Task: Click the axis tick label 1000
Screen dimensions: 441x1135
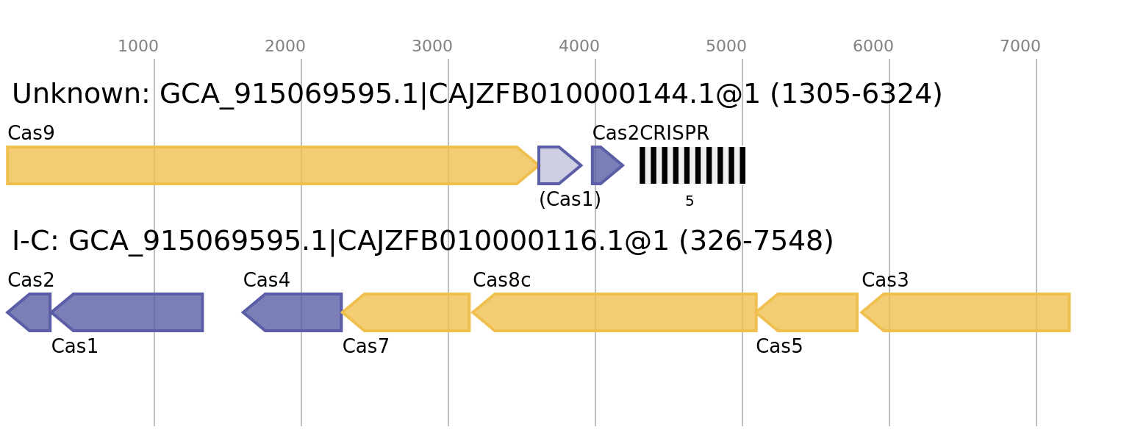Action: (x=138, y=46)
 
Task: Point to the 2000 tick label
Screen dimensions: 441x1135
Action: (x=285, y=46)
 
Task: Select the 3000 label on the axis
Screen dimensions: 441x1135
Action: (x=432, y=46)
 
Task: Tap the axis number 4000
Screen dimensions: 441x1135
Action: (x=579, y=46)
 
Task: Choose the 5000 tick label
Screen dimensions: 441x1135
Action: (x=726, y=46)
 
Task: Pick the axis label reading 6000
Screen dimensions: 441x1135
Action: (x=873, y=46)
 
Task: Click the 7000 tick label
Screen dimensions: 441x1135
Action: (x=1020, y=46)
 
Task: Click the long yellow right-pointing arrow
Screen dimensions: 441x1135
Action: (x=265, y=165)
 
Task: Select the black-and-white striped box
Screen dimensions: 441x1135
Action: (x=692, y=165)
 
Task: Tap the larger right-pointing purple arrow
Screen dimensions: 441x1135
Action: (x=559, y=165)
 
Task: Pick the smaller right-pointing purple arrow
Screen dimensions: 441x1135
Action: (x=606, y=165)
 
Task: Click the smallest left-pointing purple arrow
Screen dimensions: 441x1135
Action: (x=31, y=312)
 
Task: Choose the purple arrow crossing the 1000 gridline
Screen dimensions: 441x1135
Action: (x=132, y=312)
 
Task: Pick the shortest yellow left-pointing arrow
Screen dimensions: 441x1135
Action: (x=809, y=312)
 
